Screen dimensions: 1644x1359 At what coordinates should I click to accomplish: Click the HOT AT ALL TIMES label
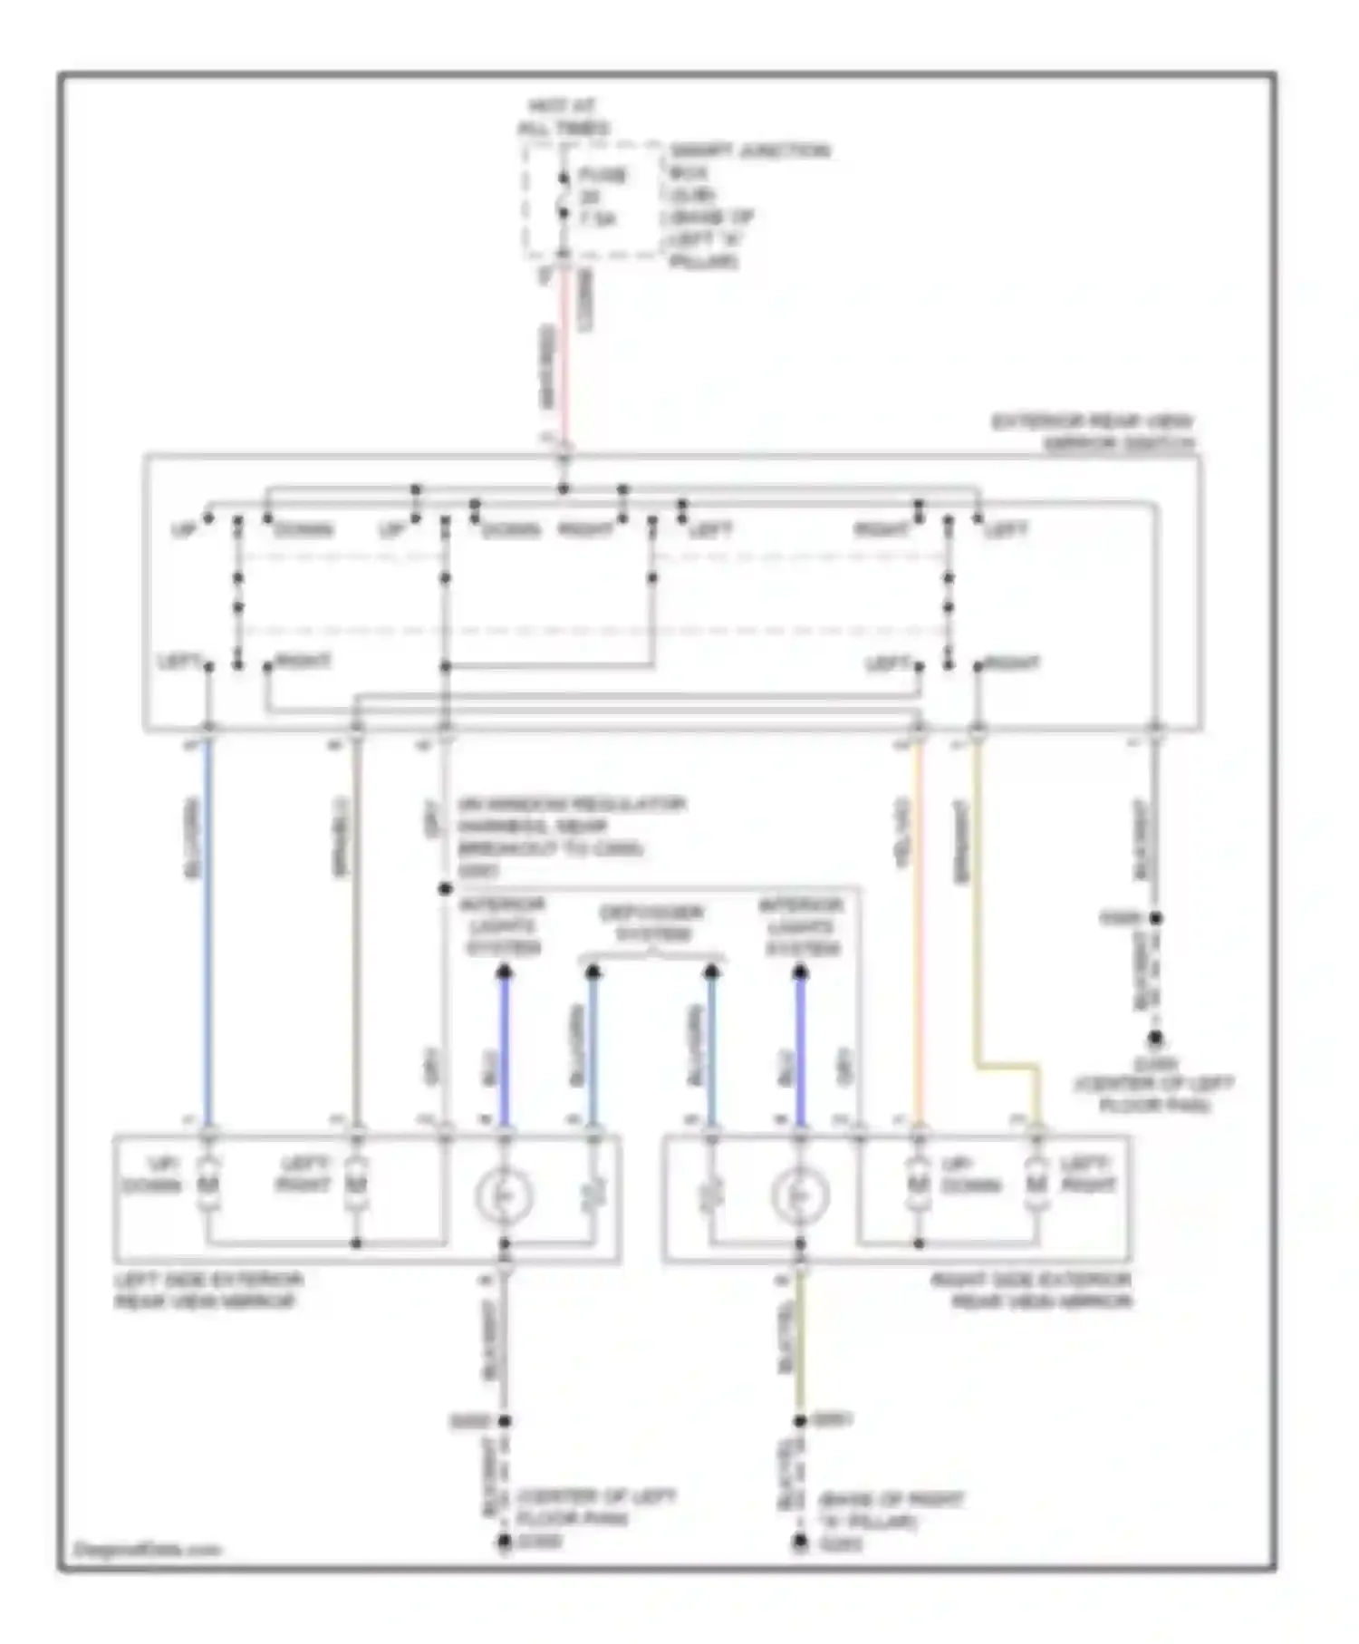(563, 117)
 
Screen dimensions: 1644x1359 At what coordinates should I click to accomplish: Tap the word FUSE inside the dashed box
(602, 175)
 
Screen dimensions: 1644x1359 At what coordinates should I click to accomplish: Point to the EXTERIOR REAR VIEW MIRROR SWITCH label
(1094, 432)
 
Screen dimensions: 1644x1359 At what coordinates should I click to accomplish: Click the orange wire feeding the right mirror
(918, 933)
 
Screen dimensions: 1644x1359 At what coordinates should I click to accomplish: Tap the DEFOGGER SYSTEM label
(651, 924)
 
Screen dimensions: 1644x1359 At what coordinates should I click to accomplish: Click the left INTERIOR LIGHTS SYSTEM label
(504, 926)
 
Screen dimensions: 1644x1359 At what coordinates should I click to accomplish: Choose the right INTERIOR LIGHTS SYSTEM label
(801, 926)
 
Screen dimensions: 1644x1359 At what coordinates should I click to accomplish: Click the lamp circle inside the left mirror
(504, 1196)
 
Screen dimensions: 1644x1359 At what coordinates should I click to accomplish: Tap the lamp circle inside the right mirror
(800, 1196)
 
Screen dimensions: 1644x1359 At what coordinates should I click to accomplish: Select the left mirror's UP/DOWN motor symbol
(208, 1184)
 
